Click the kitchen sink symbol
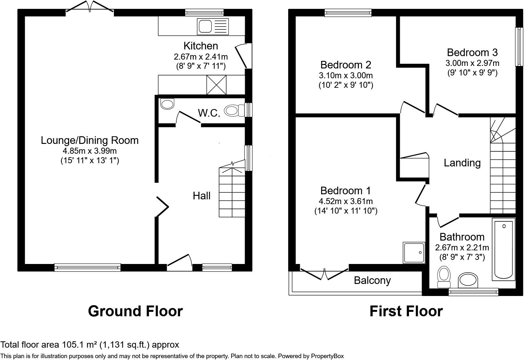212,26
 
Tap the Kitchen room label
201,46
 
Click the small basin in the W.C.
167,104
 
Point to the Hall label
202,196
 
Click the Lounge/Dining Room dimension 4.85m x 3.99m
90,151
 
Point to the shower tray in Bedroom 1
414,253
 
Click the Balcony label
372,280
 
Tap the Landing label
462,163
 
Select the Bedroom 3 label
472,52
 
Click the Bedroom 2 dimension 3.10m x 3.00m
346,75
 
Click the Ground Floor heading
135,311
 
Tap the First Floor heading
406,311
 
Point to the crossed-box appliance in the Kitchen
217,85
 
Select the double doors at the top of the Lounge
90,8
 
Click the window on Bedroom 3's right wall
519,47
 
